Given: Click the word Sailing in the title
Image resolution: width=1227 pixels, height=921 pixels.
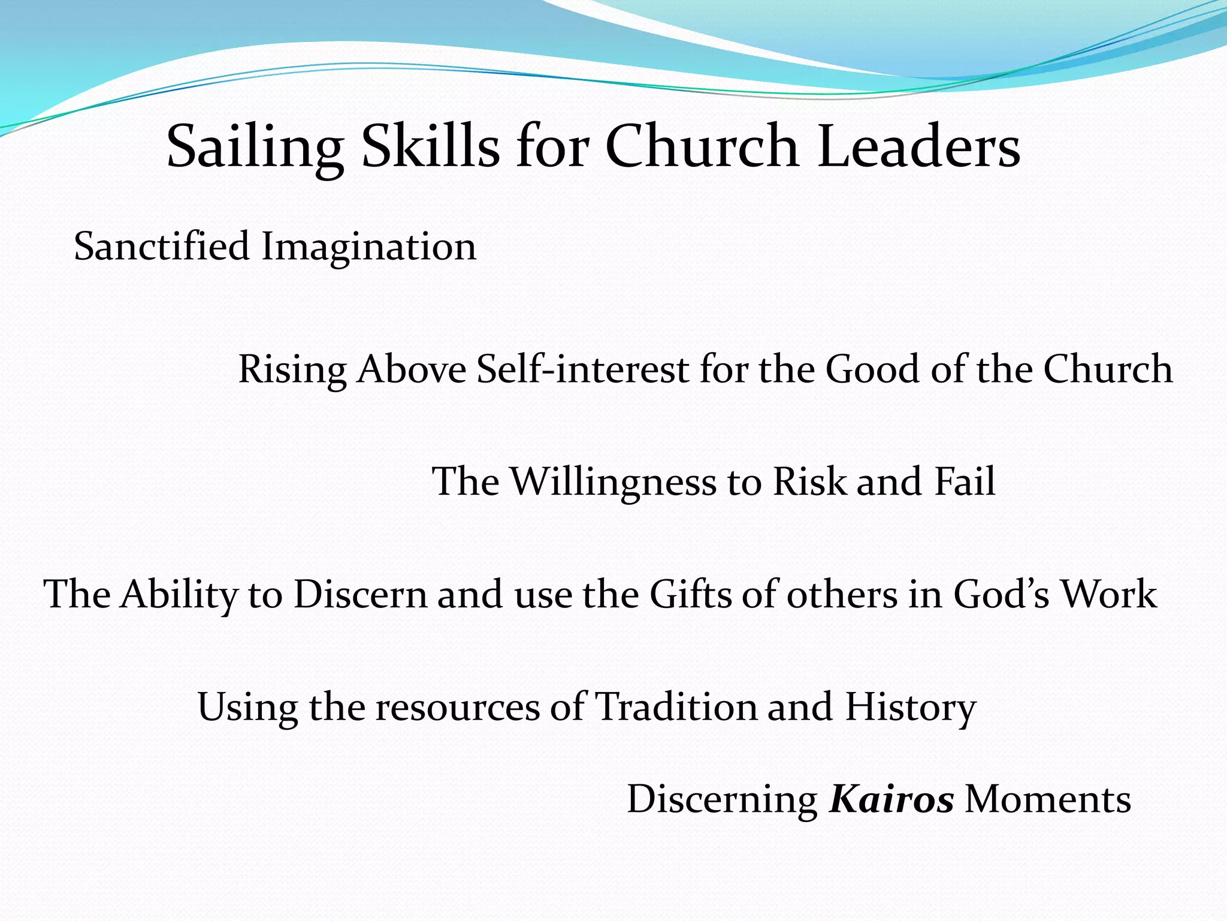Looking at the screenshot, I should [255, 147].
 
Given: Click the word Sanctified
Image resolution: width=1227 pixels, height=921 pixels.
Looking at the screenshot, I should [161, 246].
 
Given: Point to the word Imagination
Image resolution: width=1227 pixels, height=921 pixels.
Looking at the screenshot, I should [368, 248].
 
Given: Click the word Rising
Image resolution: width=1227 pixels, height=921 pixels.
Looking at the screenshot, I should [292, 369].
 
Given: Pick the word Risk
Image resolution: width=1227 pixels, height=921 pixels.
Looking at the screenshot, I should [809, 481].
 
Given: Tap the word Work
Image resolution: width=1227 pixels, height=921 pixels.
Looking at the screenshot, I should [1108, 595].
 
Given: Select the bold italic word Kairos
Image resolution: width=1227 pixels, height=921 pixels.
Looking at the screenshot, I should [891, 800].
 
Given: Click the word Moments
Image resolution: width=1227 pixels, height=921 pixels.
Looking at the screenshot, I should [1048, 800].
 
